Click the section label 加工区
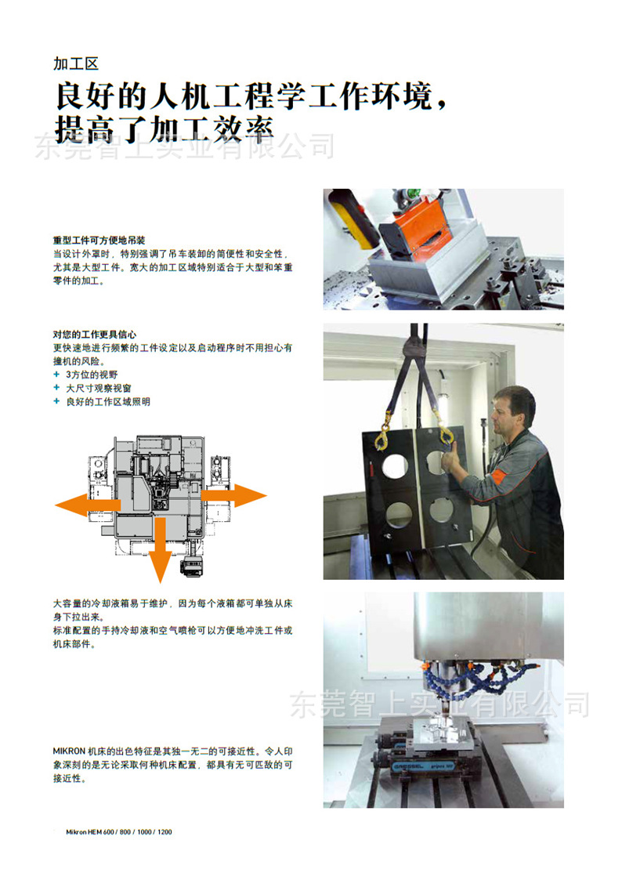pos(76,63)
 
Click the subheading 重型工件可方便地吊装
pos(99,240)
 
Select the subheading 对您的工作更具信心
pos(95,334)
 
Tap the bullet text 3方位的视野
pos(92,375)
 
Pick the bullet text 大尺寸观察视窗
pos(99,388)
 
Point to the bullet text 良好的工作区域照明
pos(108,401)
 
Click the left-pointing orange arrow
pos(88,505)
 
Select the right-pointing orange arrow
pos(233,495)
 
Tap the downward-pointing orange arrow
pos(161,549)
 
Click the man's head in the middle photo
pos(513,410)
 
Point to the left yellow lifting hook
pos(383,438)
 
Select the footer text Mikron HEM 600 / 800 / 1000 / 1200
pos(119,832)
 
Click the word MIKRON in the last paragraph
pos(69,751)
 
